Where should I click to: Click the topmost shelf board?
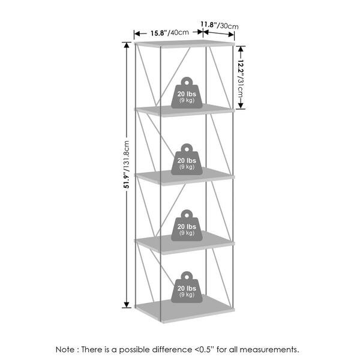[185, 44]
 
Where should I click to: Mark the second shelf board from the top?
[185, 110]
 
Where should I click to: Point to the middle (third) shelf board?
[185, 176]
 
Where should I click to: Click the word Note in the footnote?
[66, 349]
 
